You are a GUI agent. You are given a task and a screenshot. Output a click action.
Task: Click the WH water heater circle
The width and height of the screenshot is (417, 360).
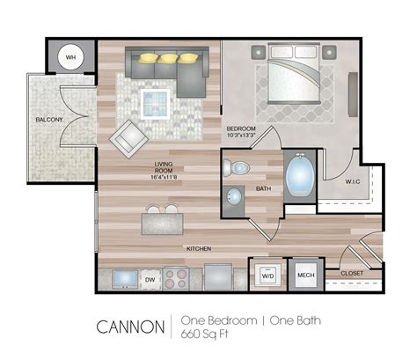click(71, 59)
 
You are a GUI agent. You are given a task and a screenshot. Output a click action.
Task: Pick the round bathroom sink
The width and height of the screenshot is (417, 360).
click(236, 196)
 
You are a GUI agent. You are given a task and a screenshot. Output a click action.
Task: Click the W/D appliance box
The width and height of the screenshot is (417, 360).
click(267, 276)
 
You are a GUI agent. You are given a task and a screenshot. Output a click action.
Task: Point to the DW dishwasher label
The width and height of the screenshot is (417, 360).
click(150, 280)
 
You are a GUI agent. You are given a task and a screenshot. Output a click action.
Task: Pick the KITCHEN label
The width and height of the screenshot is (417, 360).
click(199, 249)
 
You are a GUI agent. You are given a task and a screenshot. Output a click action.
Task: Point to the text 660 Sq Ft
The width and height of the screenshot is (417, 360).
click(201, 335)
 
